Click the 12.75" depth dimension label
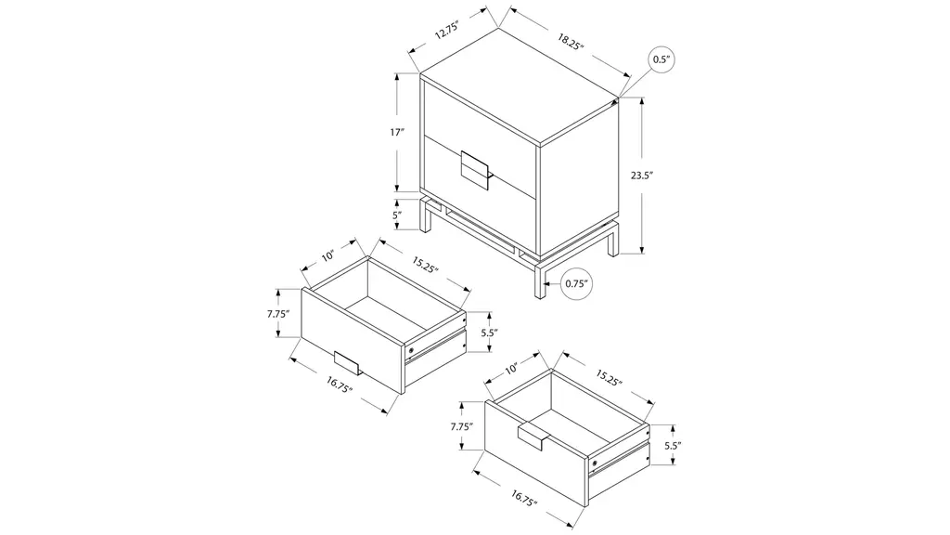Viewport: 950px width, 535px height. [448, 30]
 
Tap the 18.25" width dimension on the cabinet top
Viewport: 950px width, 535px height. [571, 42]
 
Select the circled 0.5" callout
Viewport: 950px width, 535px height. [661, 59]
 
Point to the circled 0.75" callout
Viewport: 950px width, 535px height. [576, 283]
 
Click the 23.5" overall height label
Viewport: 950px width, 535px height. [642, 176]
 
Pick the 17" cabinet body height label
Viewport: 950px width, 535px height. [397, 132]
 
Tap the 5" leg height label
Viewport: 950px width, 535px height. [396, 215]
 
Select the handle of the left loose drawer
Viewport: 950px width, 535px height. [347, 363]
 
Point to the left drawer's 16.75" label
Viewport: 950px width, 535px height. [340, 385]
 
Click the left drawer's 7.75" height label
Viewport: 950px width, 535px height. [278, 314]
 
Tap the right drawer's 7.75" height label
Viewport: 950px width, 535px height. [462, 426]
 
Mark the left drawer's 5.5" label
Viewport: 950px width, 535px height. [490, 333]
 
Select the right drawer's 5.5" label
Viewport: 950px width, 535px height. [674, 445]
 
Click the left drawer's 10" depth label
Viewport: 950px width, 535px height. [327, 256]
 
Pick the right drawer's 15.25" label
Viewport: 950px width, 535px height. [609, 377]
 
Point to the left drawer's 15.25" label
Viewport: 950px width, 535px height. [425, 265]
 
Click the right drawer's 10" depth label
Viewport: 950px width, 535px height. [511, 368]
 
